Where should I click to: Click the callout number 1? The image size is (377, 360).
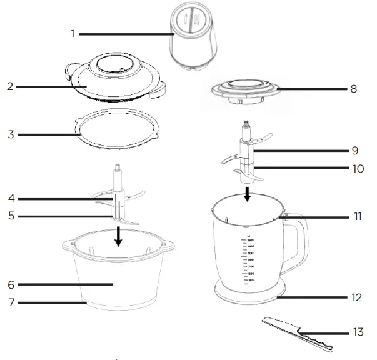pos(73,33)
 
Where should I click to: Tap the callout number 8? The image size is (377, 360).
pos(353,89)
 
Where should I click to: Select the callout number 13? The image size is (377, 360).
pos(358,332)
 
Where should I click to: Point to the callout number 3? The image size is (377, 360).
pos(10,134)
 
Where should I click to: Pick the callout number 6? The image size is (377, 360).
pos(10,284)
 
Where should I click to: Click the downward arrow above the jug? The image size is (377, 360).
pos(248,192)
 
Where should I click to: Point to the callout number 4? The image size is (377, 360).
pos(10,199)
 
